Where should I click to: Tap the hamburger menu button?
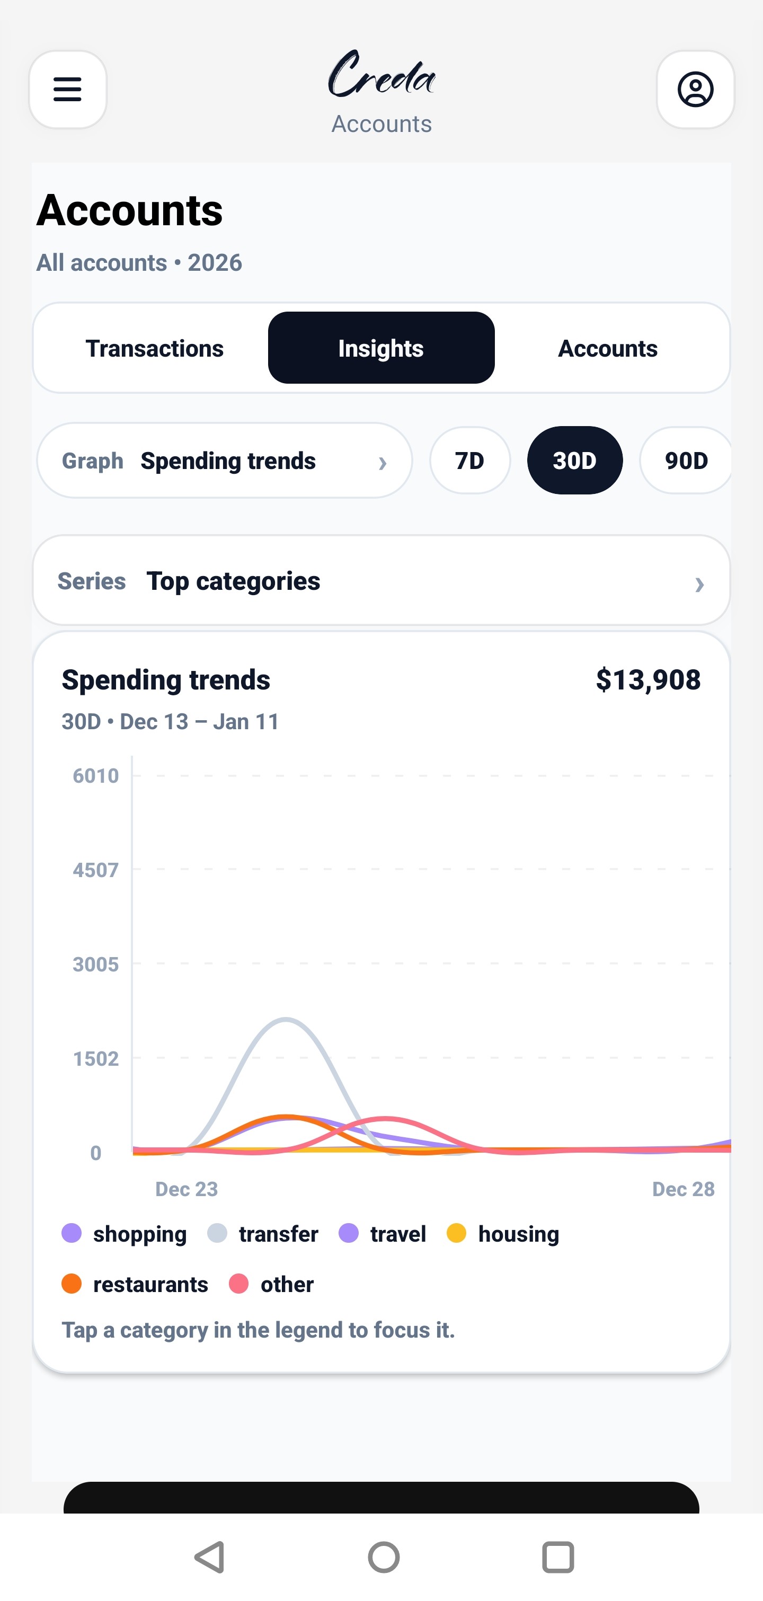[x=68, y=90]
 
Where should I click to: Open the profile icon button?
[x=695, y=90]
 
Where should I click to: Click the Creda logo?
[x=381, y=75]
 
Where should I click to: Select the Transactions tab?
[x=154, y=348]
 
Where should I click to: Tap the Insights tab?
[x=381, y=348]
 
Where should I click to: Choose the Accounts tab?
[x=607, y=348]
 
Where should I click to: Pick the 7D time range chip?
[x=470, y=461]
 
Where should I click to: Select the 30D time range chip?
[x=575, y=461]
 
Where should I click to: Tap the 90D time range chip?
[x=686, y=461]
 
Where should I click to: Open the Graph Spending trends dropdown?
[x=224, y=461]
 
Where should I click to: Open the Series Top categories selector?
[x=381, y=581]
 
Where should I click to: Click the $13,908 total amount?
[x=648, y=679]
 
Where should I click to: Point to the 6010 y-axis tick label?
[x=96, y=776]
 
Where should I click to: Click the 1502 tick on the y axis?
[x=96, y=1058]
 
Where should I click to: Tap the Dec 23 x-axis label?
[x=187, y=1189]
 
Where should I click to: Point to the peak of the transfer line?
[x=286, y=1019]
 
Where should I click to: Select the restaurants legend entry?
[x=136, y=1284]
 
